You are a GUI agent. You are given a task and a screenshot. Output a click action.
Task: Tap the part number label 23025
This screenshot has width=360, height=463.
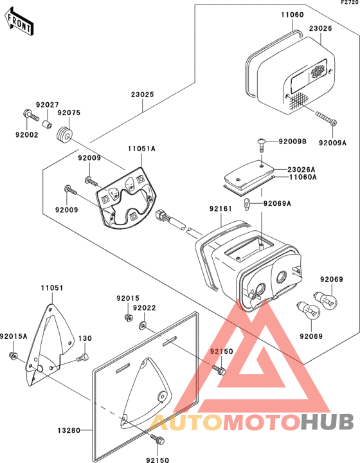[x=143, y=95]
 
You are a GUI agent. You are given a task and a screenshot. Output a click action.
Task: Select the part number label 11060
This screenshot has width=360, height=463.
[x=292, y=14]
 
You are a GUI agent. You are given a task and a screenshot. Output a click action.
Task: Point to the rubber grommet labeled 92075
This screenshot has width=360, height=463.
[x=64, y=136]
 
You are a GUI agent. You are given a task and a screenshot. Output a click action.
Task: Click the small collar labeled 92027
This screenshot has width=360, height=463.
[x=47, y=123]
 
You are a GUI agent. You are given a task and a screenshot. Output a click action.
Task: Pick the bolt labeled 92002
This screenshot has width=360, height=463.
[x=30, y=116]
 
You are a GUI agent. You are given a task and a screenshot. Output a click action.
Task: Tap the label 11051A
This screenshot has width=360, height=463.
[x=141, y=149]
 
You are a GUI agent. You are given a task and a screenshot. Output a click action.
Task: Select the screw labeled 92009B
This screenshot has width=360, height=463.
[x=261, y=144]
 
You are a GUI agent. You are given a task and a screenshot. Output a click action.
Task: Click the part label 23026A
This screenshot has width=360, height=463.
[x=301, y=170]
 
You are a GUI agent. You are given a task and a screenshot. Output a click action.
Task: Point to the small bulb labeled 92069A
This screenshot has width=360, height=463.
[x=248, y=204]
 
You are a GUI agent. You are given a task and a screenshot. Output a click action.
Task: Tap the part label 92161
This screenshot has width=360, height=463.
[x=221, y=209]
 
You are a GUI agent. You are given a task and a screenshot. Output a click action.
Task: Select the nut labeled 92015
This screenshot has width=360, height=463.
[x=128, y=318]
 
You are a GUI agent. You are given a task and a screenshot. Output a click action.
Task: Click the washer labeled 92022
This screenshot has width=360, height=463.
[x=142, y=325]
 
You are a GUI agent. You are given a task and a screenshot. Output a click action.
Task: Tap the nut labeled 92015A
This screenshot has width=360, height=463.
[x=12, y=356]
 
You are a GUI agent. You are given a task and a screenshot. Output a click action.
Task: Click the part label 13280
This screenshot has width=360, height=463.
[x=69, y=430]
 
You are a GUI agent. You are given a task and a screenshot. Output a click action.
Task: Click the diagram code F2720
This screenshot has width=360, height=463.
[x=350, y=3]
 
